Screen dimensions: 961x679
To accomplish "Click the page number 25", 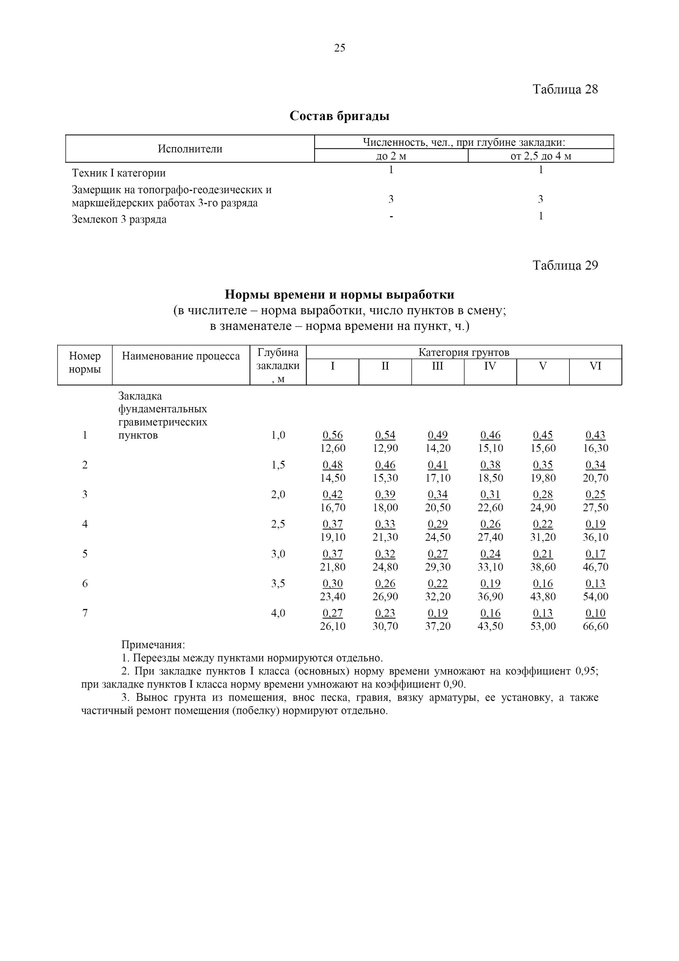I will [339, 48].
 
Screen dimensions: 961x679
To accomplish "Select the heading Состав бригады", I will [339, 116].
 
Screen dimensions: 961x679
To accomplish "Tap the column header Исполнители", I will [190, 149].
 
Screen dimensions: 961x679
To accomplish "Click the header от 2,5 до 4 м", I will [541, 156].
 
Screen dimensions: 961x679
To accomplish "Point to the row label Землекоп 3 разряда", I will [119, 219].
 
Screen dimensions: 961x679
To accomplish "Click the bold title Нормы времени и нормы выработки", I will [339, 295].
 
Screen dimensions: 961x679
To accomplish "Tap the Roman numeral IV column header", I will [490, 366].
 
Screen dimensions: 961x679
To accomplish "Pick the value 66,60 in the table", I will [595, 626].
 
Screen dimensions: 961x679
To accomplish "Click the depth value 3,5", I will [278, 583].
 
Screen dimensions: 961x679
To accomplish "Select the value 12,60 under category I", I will [332, 448].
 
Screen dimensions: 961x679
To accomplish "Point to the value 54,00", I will [595, 596].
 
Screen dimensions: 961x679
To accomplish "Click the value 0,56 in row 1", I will [332, 435].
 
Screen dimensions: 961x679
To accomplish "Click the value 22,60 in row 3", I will [490, 508].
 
